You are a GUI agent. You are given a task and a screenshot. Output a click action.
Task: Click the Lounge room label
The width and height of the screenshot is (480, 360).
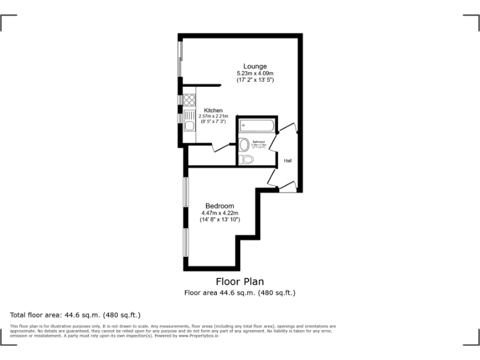pyautogui.click(x=255, y=66)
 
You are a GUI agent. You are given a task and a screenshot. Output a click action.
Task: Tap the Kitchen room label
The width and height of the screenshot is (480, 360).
pyautogui.click(x=213, y=111)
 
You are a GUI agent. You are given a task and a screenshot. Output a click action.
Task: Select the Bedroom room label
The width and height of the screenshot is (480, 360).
pyautogui.click(x=220, y=206)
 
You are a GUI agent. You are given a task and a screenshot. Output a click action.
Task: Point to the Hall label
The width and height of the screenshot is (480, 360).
pyautogui.click(x=288, y=161)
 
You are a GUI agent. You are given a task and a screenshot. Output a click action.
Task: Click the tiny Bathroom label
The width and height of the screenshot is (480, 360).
pyautogui.click(x=259, y=142)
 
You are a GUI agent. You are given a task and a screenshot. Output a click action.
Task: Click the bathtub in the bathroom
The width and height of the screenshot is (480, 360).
pyautogui.click(x=257, y=126)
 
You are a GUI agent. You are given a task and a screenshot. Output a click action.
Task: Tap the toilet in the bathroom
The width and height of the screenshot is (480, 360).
pyautogui.click(x=247, y=160)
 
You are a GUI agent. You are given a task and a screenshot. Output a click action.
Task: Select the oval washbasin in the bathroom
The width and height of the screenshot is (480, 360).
pyautogui.click(x=244, y=144)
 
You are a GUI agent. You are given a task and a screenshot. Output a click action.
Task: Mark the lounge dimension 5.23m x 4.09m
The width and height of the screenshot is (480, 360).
pyautogui.click(x=255, y=74)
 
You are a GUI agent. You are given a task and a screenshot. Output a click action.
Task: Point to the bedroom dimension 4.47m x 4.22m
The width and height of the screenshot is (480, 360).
pyautogui.click(x=220, y=213)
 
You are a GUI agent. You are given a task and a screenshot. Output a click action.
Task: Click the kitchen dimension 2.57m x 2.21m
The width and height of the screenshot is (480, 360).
pyautogui.click(x=213, y=116)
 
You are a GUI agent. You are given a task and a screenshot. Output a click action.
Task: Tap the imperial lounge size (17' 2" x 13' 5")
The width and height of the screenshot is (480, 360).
pyautogui.click(x=255, y=81)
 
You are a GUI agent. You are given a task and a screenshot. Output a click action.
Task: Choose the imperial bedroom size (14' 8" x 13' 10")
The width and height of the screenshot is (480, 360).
pyautogui.click(x=220, y=220)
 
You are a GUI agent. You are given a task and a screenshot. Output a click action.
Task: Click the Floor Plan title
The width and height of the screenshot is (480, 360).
pyautogui.click(x=239, y=281)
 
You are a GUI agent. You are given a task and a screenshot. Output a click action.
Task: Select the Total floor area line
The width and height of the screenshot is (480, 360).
pyautogui.click(x=76, y=315)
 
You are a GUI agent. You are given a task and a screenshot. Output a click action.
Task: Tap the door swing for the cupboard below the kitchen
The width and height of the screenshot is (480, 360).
pyautogui.click(x=221, y=147)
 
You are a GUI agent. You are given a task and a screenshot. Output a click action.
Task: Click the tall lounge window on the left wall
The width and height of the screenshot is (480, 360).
pyautogui.click(x=181, y=59)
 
